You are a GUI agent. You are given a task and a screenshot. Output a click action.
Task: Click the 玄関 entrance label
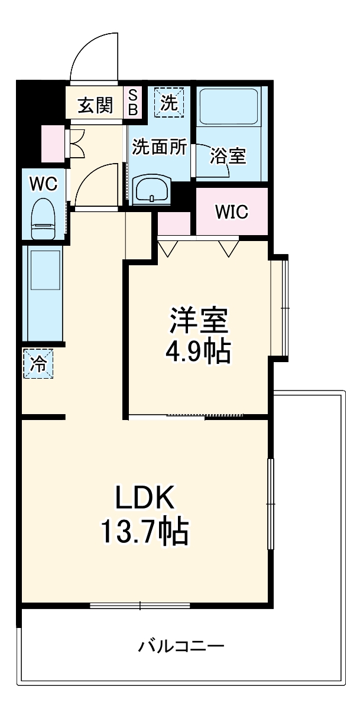[x=96, y=105]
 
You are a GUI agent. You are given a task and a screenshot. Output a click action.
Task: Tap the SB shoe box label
[x=133, y=102]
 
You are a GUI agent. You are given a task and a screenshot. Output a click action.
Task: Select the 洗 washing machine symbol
[x=169, y=102]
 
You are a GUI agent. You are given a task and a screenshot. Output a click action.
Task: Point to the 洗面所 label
[x=159, y=147]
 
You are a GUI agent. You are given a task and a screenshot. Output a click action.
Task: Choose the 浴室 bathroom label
[x=228, y=156]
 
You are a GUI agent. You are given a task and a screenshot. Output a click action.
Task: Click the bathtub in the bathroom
[x=228, y=106]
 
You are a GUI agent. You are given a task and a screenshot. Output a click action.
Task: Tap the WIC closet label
[x=232, y=211]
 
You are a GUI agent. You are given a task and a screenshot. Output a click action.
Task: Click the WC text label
[x=43, y=184]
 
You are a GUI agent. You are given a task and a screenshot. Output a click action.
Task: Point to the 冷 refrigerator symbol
[x=38, y=364]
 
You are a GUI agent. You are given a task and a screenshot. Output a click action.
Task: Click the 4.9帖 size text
[x=197, y=352]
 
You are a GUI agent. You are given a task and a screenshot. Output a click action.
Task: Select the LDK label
[x=145, y=497]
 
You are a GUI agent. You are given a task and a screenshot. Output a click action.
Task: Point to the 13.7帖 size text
[x=145, y=532]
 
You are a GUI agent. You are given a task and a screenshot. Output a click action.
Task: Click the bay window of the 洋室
[x=280, y=308]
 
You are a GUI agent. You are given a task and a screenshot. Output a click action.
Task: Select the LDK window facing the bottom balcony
[x=140, y=605]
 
